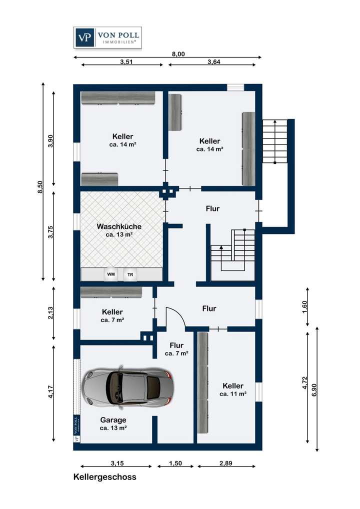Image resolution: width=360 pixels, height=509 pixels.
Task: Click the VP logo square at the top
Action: coord(84,37)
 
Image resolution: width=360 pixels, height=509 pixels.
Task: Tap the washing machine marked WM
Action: coord(111,274)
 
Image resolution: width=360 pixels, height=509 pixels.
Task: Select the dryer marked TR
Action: coord(130,274)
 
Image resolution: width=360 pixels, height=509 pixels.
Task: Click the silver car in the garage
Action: coord(127,387)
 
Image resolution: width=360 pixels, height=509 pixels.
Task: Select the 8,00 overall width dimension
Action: coord(178,54)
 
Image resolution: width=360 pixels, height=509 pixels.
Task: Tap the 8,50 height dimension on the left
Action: coord(40,187)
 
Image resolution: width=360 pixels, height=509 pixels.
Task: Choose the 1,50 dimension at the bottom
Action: coord(175,463)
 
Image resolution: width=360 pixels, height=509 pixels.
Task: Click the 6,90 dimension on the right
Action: coord(314,390)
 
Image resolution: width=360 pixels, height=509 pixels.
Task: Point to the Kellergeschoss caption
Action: coord(105,477)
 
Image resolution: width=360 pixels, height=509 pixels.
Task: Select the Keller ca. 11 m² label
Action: coord(233,389)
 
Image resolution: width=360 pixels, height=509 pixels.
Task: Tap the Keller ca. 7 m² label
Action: coord(112,316)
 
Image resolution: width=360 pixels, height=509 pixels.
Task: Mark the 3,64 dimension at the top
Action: coord(214,61)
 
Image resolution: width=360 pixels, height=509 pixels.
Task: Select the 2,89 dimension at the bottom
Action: coord(226,463)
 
